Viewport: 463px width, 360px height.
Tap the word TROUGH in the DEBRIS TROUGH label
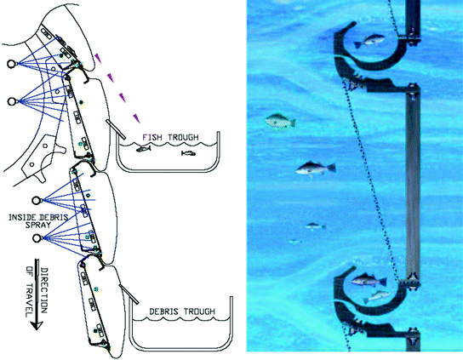(200, 311)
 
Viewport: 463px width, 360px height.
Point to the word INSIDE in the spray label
(22, 218)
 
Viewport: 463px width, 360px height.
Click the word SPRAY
(37, 225)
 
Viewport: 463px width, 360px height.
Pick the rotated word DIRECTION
(43, 290)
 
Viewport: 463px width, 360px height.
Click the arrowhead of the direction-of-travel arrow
(37, 325)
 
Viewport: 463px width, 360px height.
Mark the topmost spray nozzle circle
(12, 64)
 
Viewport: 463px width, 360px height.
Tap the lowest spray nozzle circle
(37, 238)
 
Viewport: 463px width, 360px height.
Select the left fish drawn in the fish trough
(143, 149)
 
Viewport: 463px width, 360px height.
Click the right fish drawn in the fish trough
(188, 153)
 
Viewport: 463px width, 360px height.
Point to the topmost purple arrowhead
(98, 58)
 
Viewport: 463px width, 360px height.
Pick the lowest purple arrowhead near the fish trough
(136, 117)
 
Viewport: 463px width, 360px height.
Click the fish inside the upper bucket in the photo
(369, 41)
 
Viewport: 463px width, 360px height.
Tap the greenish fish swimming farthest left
(280, 121)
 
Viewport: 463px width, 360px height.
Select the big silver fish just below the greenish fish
(316, 169)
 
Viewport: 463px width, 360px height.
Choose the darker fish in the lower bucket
(369, 280)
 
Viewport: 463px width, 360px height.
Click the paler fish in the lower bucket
(377, 296)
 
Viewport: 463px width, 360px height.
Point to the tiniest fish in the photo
(294, 242)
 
